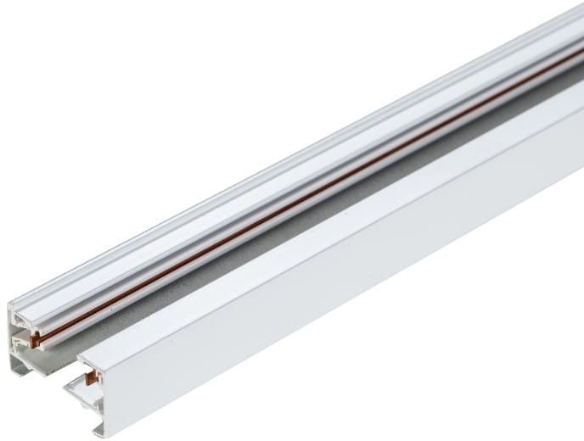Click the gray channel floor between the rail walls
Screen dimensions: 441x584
pos(255,246)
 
